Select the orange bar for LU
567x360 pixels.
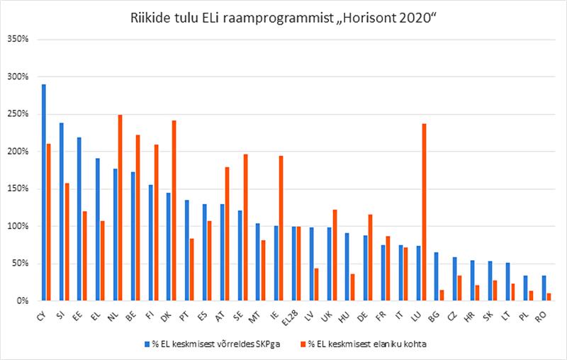pyautogui.click(x=423, y=213)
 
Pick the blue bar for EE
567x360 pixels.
pyautogui.click(x=79, y=219)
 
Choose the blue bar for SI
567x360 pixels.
pyautogui.click(x=61, y=212)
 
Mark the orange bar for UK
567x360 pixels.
pyautogui.click(x=334, y=255)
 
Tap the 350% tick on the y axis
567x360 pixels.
pyautogui.click(x=16, y=40)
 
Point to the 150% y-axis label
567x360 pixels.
pyautogui.click(x=16, y=189)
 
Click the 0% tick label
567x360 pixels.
pyautogui.click(x=21, y=301)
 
